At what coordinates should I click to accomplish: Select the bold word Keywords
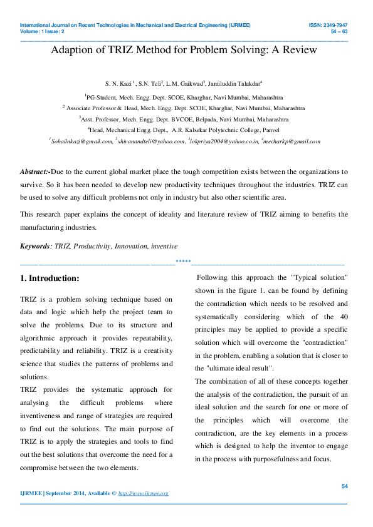34,246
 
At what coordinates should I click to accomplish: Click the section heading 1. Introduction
50,278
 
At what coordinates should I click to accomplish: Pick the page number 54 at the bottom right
344,486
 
